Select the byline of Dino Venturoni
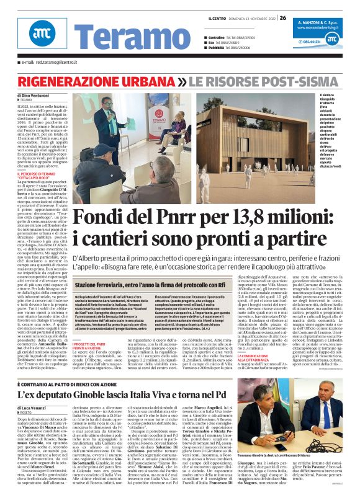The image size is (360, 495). pos(34,95)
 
